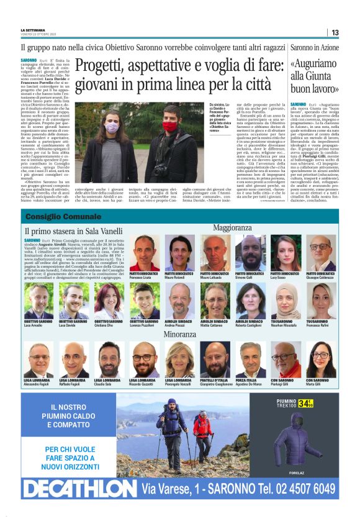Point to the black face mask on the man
point(169,126)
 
